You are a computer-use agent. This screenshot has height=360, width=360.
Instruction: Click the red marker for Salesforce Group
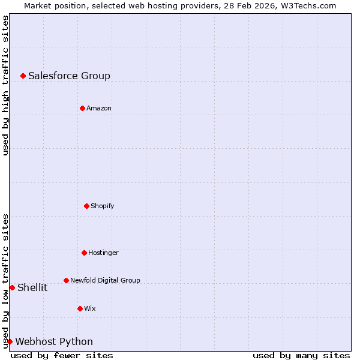pyautogui.click(x=23, y=76)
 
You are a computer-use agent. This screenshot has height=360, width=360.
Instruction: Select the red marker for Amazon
pyautogui.click(x=82, y=108)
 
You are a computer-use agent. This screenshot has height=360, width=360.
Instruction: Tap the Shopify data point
pyautogui.click(x=86, y=206)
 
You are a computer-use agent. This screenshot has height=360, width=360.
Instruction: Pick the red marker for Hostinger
pyautogui.click(x=84, y=253)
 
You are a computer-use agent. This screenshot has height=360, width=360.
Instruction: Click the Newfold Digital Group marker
pyautogui.click(x=66, y=280)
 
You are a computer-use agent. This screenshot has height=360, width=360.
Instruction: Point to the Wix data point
pyautogui.click(x=80, y=308)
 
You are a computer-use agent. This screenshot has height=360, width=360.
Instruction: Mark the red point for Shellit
pyautogui.click(x=12, y=287)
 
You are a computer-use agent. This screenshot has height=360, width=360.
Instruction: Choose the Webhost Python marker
pyautogui.click(x=10, y=341)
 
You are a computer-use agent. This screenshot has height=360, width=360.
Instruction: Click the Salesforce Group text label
pyautogui.click(x=69, y=76)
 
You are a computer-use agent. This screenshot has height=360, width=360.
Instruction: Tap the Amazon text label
pyautogui.click(x=99, y=108)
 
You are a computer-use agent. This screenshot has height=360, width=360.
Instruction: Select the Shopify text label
pyautogui.click(x=103, y=206)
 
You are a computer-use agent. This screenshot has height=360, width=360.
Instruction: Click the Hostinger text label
pyautogui.click(x=103, y=253)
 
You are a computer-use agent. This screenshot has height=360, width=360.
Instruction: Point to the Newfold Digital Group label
pyautogui.click(x=105, y=280)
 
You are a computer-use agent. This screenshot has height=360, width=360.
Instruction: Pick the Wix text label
pyautogui.click(x=90, y=308)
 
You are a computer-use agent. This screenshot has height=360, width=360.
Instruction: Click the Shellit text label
pyautogui.click(x=32, y=287)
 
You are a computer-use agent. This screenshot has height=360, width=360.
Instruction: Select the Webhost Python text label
pyautogui.click(x=54, y=341)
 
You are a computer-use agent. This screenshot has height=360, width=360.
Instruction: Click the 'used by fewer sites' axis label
pyautogui.click(x=62, y=355)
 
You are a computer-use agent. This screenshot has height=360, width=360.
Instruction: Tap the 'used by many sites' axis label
pyautogui.click(x=301, y=355)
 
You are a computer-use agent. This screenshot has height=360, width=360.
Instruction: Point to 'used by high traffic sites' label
pyautogui.click(x=5, y=85)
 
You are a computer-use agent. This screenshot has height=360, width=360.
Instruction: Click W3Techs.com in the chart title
pyautogui.click(x=308, y=5)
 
